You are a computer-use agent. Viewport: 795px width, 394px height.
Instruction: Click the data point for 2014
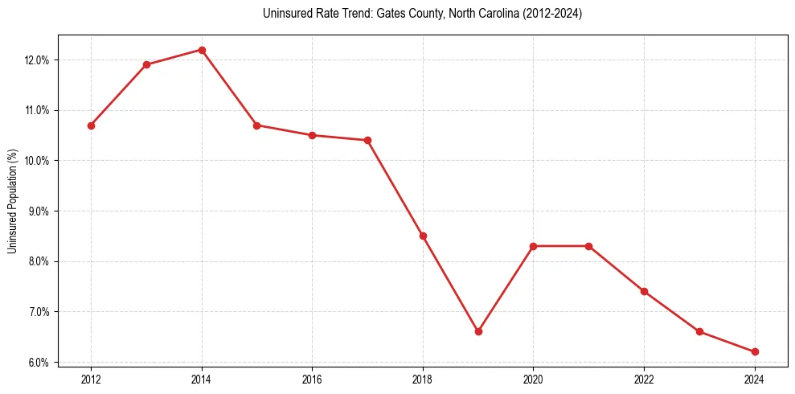click(202, 50)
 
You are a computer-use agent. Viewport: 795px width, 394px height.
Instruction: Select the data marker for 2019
click(478, 331)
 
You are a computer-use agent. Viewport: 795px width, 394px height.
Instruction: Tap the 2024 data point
click(755, 351)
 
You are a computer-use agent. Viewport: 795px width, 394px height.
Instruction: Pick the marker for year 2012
click(91, 125)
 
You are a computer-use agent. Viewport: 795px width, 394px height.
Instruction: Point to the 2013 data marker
click(146, 64)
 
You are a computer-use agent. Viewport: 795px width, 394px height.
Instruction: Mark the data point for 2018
click(423, 236)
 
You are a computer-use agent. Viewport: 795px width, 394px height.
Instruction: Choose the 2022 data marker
click(644, 291)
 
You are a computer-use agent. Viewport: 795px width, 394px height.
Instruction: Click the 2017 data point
click(367, 140)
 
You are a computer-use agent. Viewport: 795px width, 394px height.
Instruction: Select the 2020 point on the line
click(533, 246)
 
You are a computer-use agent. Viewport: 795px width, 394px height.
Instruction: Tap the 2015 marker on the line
click(256, 125)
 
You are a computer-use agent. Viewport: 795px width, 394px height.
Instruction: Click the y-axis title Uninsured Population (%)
click(13, 201)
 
